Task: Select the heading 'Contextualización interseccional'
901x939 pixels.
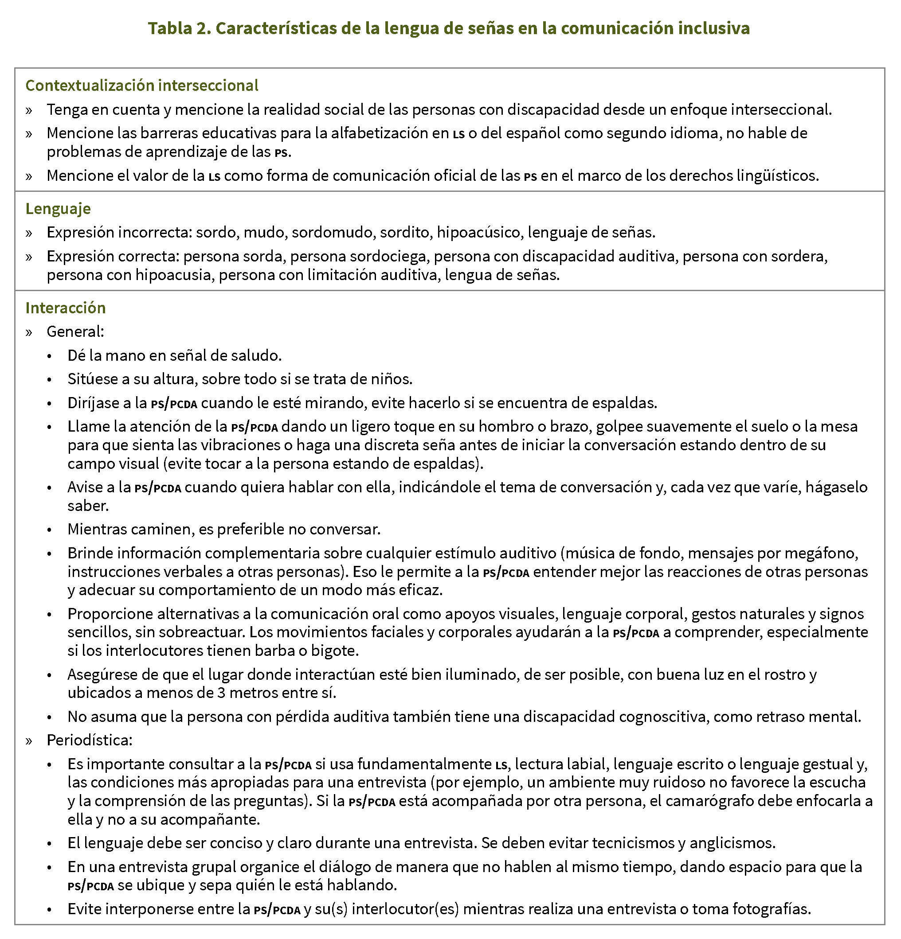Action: (x=142, y=85)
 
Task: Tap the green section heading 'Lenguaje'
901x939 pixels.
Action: (x=58, y=208)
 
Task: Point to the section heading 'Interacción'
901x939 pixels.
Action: (x=66, y=308)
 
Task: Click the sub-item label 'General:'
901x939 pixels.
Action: (x=75, y=331)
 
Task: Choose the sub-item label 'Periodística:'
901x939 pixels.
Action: (x=89, y=740)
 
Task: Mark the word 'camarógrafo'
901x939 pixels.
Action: (x=696, y=801)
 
